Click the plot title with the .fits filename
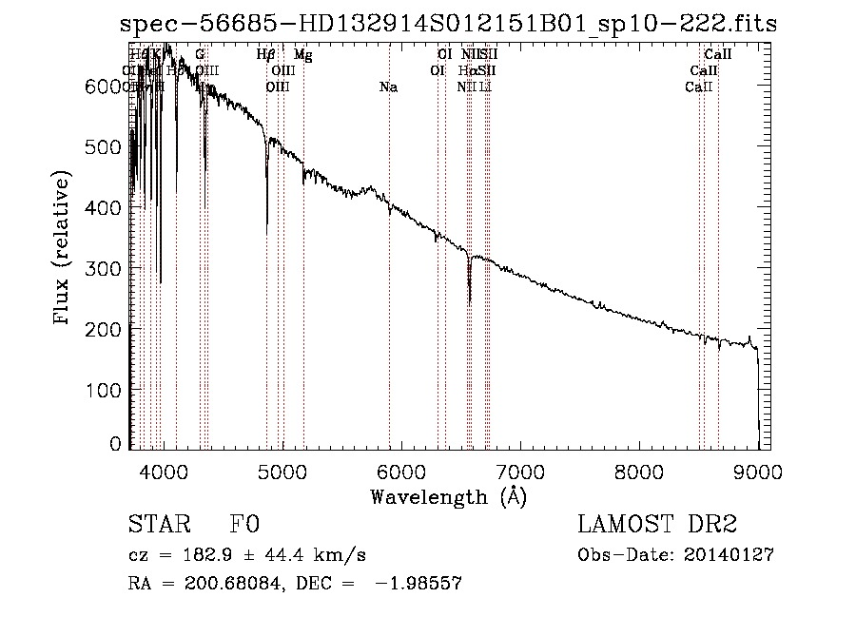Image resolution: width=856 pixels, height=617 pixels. [448, 26]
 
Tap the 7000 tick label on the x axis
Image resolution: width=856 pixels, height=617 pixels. [520, 472]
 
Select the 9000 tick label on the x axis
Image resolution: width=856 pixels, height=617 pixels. [758, 472]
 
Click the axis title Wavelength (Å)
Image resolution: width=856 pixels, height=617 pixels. [448, 496]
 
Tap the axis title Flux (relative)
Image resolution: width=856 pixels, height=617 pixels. [63, 250]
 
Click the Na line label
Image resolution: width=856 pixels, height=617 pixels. [388, 87]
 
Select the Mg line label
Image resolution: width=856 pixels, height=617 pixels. [302, 55]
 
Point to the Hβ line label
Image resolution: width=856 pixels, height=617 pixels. [266, 55]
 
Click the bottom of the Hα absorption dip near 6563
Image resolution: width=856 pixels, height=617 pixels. [470, 302]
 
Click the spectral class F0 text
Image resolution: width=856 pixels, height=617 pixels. [244, 526]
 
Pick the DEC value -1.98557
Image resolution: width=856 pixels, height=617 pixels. [418, 584]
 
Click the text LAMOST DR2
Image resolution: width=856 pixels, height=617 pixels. [657, 526]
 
